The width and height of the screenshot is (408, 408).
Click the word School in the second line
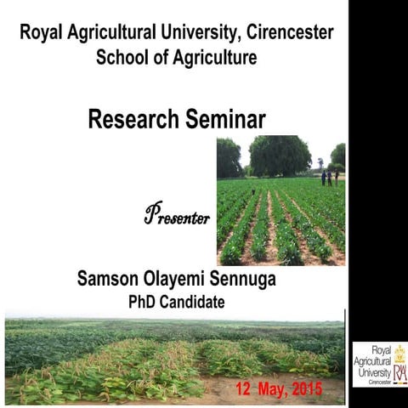click(x=123, y=59)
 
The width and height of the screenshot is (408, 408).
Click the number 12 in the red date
click(x=244, y=389)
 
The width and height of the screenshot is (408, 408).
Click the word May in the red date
click(x=271, y=390)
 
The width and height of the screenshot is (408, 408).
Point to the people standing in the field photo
click(x=329, y=177)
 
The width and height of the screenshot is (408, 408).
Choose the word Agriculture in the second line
click(x=209, y=59)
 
